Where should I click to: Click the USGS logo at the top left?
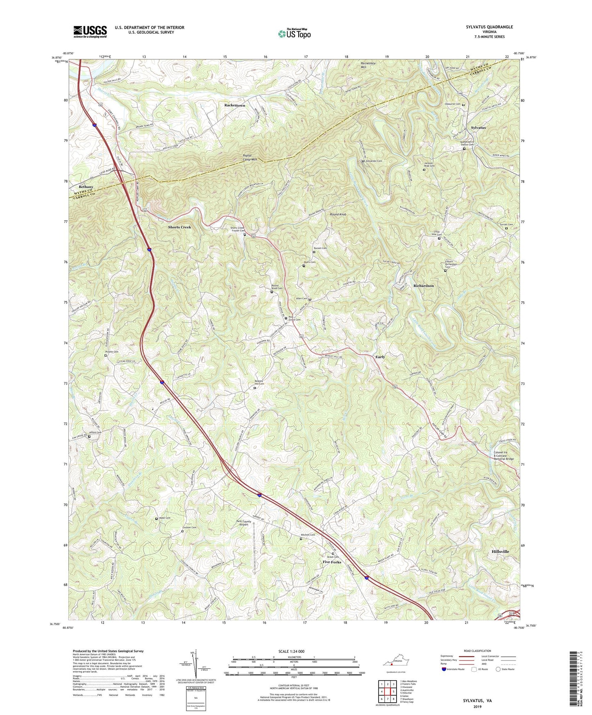coord(90,31)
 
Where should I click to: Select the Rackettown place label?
coord(235,105)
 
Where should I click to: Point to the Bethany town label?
coord(86,187)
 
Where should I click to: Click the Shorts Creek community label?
coord(179,227)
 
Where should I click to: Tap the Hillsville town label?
coord(500,551)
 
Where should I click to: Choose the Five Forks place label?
coord(332,562)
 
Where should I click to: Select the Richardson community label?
coord(423,285)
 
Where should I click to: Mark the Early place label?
coord(380,357)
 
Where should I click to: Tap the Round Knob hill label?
coord(338,214)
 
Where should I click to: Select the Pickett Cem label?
coord(111,352)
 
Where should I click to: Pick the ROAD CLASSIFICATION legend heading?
coord(477,651)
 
